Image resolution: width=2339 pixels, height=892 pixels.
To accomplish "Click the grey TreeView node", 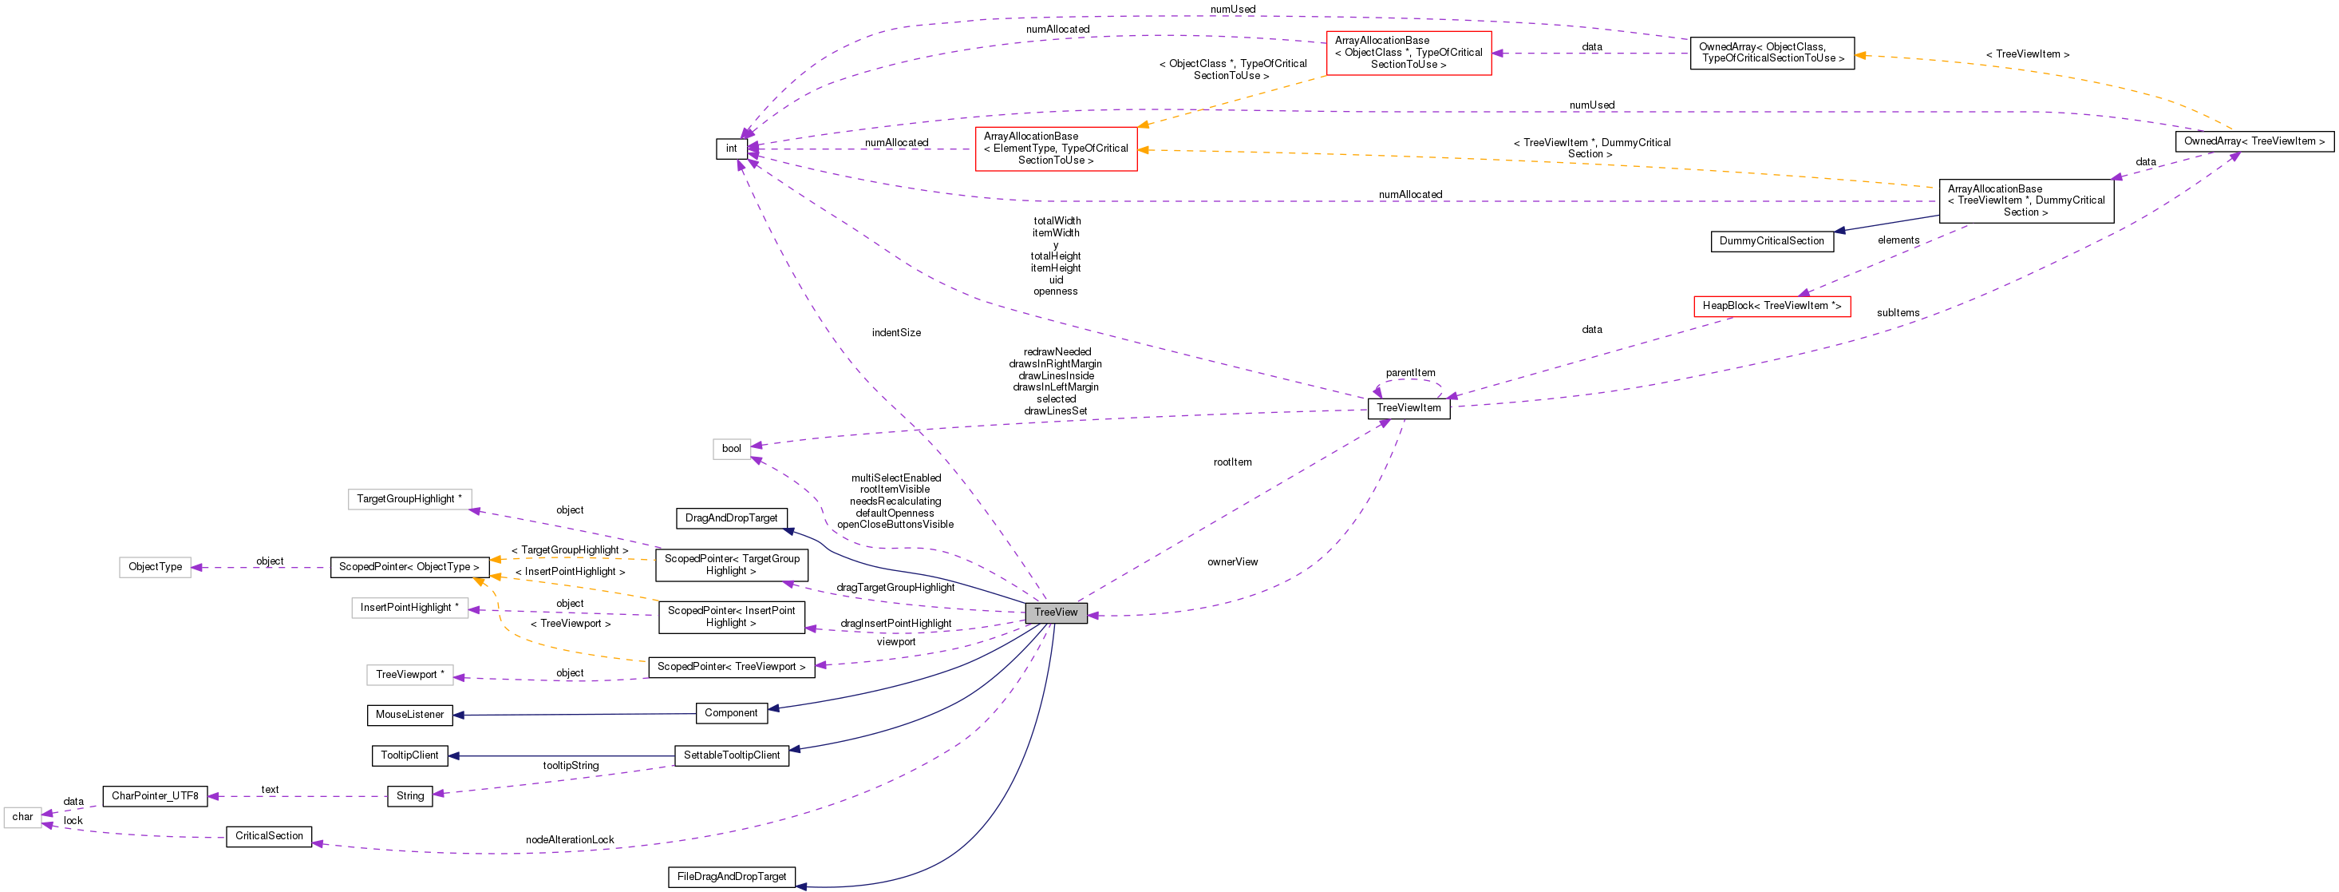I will pyautogui.click(x=1055, y=613).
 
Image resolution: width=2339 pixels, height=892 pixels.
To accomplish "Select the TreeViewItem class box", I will pyautogui.click(x=1409, y=408).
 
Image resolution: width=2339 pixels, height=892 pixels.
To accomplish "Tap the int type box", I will pyautogui.click(x=731, y=148).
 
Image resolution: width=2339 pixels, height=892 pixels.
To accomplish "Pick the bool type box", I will pyautogui.click(x=731, y=449).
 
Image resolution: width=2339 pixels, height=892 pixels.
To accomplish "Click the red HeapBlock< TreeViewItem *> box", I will pyautogui.click(x=1772, y=306).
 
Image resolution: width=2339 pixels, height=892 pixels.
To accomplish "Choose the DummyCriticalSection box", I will pyautogui.click(x=1772, y=242).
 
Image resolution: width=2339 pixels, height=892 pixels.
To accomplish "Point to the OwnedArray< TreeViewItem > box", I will pyautogui.click(x=2254, y=141).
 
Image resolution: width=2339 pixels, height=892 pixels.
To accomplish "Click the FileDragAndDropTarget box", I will pyautogui.click(x=731, y=878).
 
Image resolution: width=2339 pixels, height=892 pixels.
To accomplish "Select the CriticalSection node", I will pyautogui.click(x=269, y=835).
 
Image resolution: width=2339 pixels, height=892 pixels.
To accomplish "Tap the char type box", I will pyautogui.click(x=22, y=817).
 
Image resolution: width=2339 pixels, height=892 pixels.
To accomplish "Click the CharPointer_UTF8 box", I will pyautogui.click(x=154, y=795).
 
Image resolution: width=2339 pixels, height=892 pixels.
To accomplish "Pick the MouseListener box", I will pyautogui.click(x=409, y=715).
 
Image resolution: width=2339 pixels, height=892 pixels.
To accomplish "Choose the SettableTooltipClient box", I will pyautogui.click(x=731, y=755).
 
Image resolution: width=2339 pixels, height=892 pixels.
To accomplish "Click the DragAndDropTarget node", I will pyautogui.click(x=731, y=517).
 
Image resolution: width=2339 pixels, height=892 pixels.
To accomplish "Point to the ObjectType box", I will pyautogui.click(x=156, y=567).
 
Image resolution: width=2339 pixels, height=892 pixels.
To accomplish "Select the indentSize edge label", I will pyautogui.click(x=896, y=332).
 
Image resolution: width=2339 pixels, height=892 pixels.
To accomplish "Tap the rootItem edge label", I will pyautogui.click(x=1232, y=462).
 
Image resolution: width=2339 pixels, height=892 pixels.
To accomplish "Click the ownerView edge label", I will pyautogui.click(x=1232, y=562).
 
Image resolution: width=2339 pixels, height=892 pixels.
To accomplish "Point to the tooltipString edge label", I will pyautogui.click(x=571, y=766).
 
